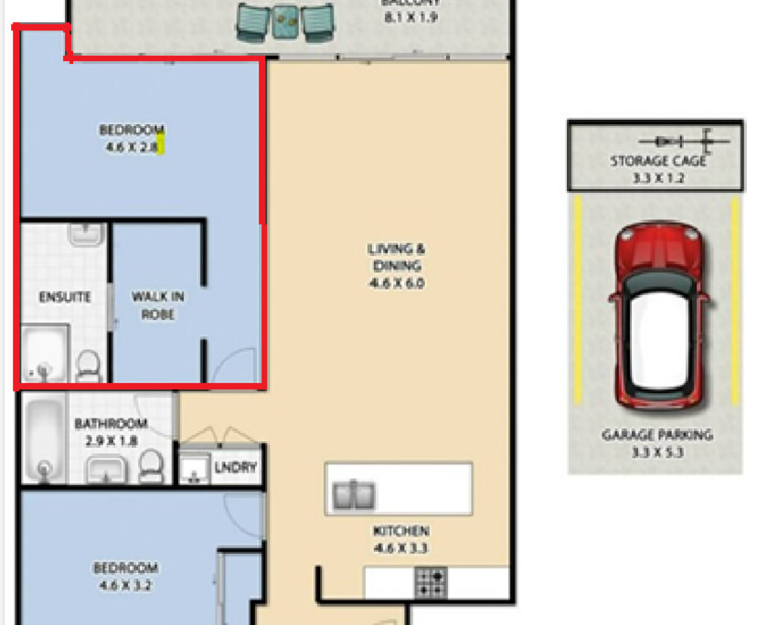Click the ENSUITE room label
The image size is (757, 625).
(x=64, y=297)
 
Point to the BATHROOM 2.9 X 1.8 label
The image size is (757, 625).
(x=111, y=432)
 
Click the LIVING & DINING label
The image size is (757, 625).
(x=396, y=266)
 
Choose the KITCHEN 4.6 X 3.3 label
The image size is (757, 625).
(x=400, y=539)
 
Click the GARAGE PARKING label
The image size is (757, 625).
(x=656, y=443)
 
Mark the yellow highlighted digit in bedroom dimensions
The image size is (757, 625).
(x=160, y=145)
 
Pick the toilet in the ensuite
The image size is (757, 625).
(x=89, y=365)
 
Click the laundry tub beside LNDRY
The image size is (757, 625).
(x=194, y=470)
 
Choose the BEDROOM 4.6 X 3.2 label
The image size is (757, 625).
(x=125, y=576)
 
